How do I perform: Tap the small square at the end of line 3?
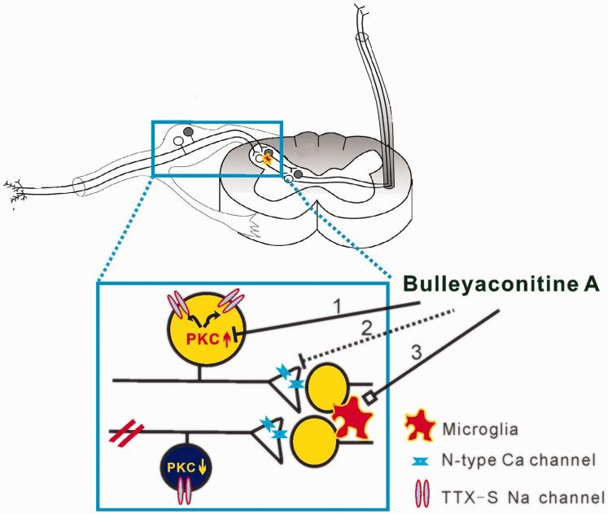click(367, 397)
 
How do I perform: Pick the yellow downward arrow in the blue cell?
click(201, 468)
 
